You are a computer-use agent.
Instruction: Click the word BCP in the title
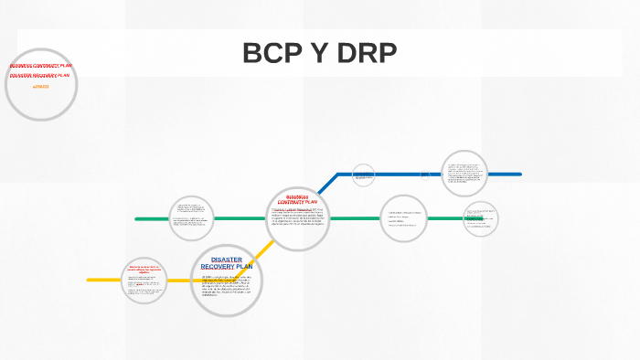coord(272,54)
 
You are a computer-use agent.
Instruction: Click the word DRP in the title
coord(365,54)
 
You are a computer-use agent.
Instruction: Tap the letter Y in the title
coord(318,54)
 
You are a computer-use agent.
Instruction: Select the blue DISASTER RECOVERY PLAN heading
coord(226,262)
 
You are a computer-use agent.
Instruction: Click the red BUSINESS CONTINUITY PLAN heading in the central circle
coord(298,201)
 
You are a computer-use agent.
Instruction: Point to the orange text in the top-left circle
coord(40,86)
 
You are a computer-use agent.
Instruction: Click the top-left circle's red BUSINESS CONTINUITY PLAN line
coord(40,66)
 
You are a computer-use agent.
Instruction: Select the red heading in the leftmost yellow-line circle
coord(144,269)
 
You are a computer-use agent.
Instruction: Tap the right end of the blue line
coord(519,174)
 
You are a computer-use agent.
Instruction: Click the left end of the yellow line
coord(90,280)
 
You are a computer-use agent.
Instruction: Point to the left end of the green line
coord(137,219)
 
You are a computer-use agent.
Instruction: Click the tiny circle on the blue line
coord(424,174)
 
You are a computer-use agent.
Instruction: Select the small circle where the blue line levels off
coord(363,175)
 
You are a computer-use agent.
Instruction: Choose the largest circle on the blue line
coord(464,174)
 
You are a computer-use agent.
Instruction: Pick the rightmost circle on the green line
coord(480,219)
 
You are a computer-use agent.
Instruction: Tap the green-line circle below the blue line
coord(403,218)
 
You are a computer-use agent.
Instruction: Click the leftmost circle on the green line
coord(190,218)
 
